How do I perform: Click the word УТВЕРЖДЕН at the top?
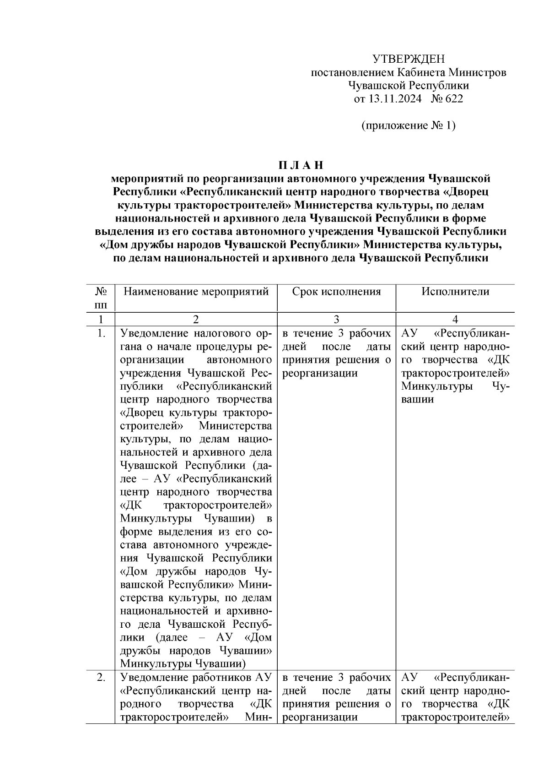[x=408, y=59]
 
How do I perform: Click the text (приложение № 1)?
[x=408, y=125]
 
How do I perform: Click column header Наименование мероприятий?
[x=196, y=292]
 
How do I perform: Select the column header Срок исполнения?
[x=336, y=292]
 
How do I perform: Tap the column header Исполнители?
[x=455, y=292]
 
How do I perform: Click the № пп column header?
[x=101, y=298]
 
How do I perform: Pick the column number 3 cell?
[x=336, y=320]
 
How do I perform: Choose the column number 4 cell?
[x=455, y=320]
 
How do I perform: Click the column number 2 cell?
[x=196, y=320]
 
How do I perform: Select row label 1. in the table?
[x=101, y=333]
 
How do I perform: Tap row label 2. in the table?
[x=101, y=677]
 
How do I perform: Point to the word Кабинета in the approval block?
[x=420, y=72]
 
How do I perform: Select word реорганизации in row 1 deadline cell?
[x=320, y=373]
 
